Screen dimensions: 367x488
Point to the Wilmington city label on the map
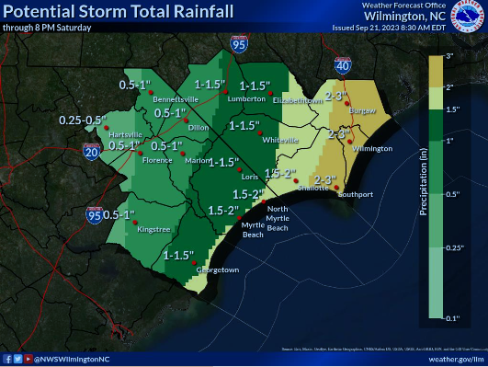pyautogui.click(x=372, y=148)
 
